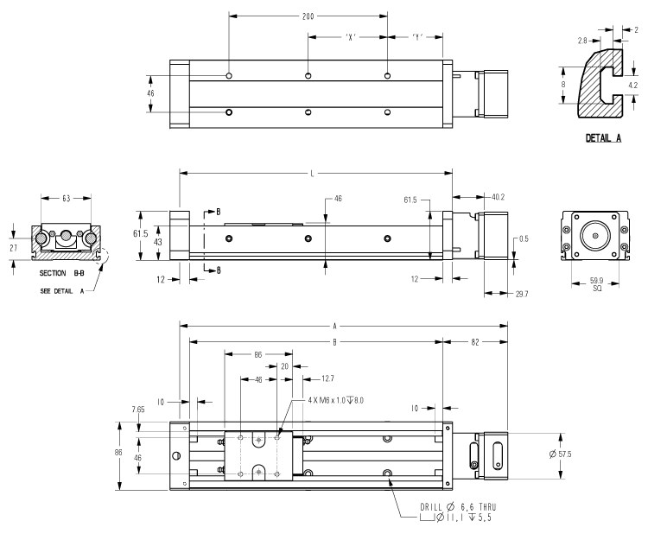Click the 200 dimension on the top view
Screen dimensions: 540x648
click(x=308, y=16)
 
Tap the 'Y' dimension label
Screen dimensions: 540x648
click(x=418, y=37)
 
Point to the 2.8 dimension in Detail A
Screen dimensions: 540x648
click(x=585, y=40)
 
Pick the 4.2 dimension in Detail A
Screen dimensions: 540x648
click(x=632, y=86)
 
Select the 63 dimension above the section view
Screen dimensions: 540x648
click(x=67, y=198)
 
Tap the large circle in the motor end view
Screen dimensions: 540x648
click(x=593, y=234)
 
